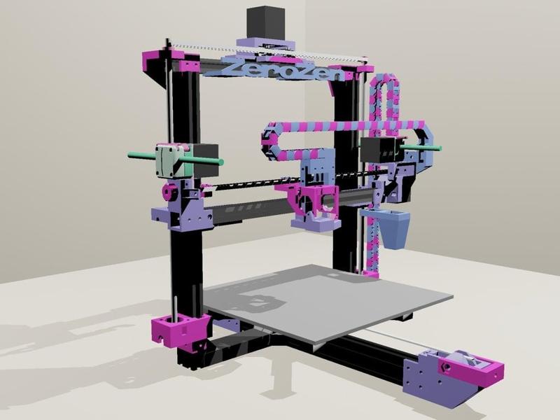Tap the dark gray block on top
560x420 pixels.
click(x=266, y=22)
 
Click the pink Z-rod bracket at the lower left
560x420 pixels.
click(x=178, y=330)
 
